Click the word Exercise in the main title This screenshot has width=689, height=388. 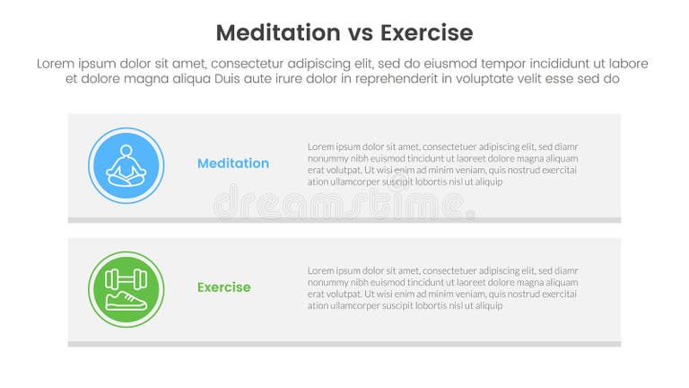tap(426, 33)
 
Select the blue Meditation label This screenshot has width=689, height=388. tap(232, 163)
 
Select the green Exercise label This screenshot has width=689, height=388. tap(223, 287)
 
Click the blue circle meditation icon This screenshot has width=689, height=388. tap(126, 165)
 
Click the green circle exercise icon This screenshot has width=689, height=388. tap(126, 289)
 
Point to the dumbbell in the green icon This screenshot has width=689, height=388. tap(126, 278)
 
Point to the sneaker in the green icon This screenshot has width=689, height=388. tap(126, 301)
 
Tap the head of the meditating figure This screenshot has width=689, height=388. tap(126, 150)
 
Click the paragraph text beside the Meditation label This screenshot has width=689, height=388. tap(442, 163)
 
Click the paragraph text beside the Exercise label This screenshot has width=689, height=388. tap(442, 287)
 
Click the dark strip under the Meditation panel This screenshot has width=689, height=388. tap(344, 220)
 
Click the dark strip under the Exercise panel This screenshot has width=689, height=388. tap(344, 344)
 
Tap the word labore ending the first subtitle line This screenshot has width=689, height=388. tap(629, 64)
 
